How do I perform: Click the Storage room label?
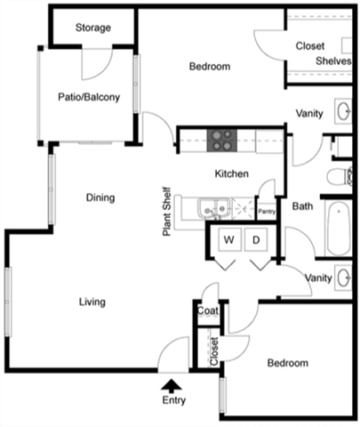click(93, 28)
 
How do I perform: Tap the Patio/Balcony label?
click(89, 97)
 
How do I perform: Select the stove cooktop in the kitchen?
click(222, 141)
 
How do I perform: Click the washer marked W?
click(229, 239)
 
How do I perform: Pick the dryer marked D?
click(256, 239)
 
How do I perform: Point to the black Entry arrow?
click(172, 386)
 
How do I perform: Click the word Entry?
click(174, 400)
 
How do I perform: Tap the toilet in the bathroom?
click(340, 177)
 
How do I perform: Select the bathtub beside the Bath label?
click(339, 229)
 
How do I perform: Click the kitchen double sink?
click(215, 209)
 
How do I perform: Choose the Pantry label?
click(267, 212)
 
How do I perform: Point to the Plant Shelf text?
click(167, 212)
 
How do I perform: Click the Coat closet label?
click(208, 310)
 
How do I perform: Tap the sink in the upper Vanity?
click(344, 111)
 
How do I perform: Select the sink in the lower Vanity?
click(344, 278)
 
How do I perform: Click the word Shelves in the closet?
click(333, 61)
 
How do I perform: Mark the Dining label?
click(100, 197)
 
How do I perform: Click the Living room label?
click(92, 302)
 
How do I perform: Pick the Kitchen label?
click(232, 173)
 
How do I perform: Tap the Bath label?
click(302, 206)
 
